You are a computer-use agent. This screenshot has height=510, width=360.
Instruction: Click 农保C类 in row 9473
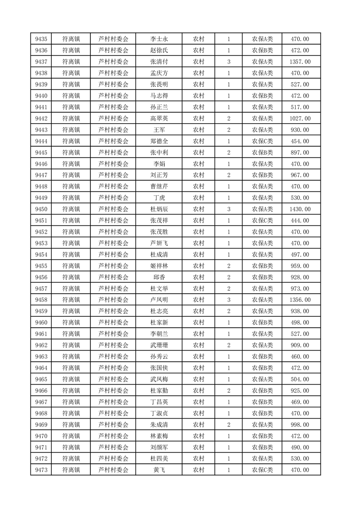[262, 470]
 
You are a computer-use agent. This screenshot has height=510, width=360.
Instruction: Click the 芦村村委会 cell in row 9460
[113, 323]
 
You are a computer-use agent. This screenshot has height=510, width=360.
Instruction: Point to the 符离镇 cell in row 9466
[71, 390]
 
